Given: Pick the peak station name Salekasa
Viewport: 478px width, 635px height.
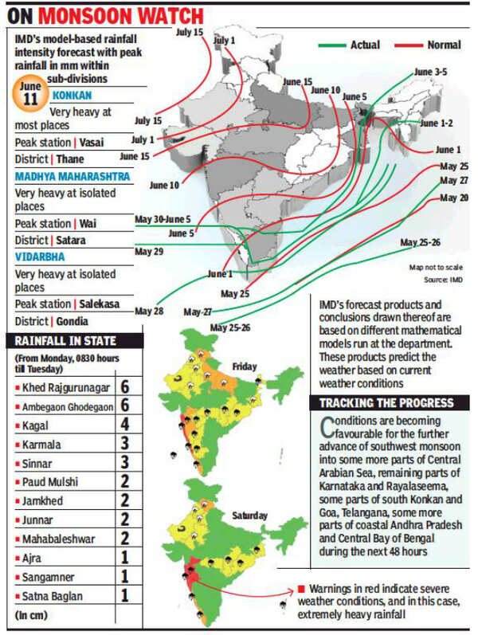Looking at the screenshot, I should [x=106, y=304].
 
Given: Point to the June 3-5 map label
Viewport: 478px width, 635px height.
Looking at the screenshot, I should [x=431, y=72].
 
